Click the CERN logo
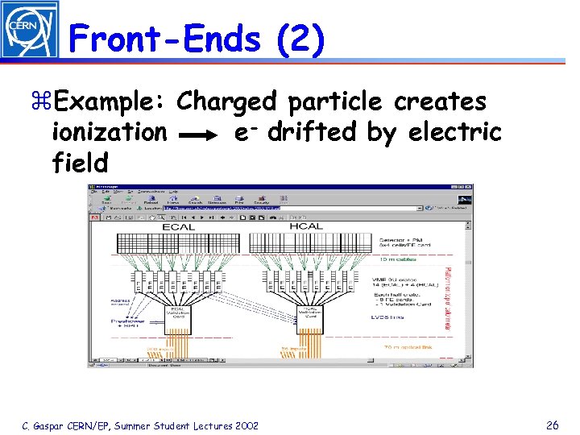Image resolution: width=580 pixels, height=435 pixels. pos(29,30)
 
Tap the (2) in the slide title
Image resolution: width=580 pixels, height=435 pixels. pos(300,39)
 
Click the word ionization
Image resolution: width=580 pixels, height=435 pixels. pos(110,133)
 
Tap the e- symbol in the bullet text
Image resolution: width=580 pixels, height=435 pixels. pos(245,133)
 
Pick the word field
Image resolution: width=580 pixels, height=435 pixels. pos(79,164)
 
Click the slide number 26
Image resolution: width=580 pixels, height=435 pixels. pos(552,425)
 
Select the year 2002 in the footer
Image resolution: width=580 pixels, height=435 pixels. pos(243,425)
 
